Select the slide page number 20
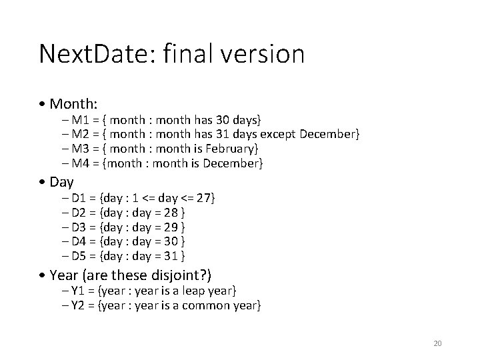click(437, 343)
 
